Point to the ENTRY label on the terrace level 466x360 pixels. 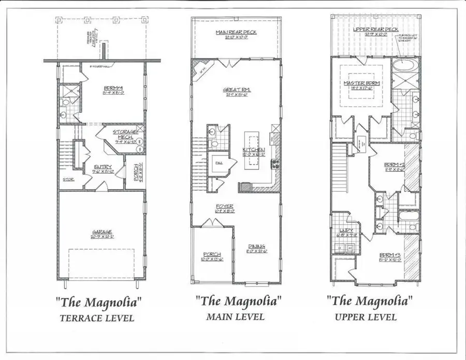pyautogui.click(x=98, y=167)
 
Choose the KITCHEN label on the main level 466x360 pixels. pyautogui.click(x=254, y=150)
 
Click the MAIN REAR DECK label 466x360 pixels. pyautogui.click(x=236, y=33)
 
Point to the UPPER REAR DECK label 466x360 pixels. pyautogui.click(x=375, y=30)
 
